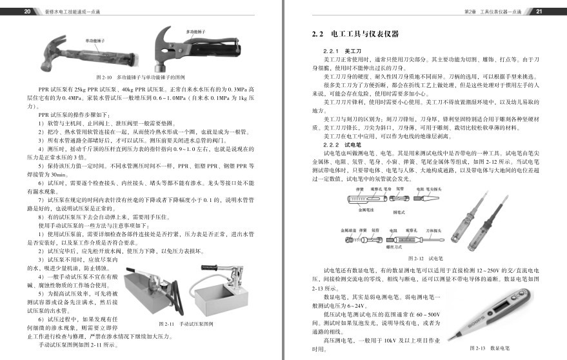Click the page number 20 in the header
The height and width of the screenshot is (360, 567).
[x=26, y=12]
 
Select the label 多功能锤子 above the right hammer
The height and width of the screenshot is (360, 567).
[x=197, y=31]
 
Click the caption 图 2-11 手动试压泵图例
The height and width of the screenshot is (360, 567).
[x=185, y=323]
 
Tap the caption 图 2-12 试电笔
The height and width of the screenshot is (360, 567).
[x=424, y=258]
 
